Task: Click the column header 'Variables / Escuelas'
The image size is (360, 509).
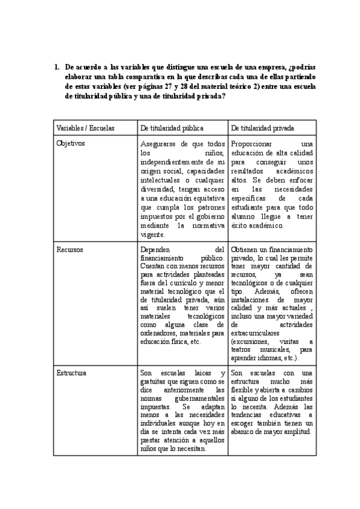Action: coord(85,128)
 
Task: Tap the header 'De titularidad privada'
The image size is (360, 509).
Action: coord(257,128)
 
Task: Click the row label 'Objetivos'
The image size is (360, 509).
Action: coord(71,144)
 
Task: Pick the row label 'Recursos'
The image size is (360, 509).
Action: coord(70,249)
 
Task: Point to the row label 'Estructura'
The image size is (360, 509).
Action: coord(71,373)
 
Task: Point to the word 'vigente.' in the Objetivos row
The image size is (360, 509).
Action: coord(152,235)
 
